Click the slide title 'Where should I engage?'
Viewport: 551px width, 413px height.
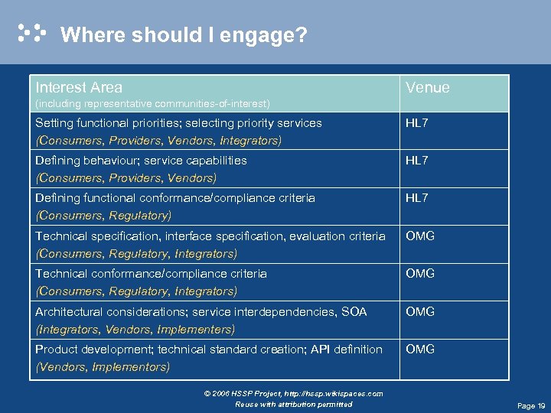pos(184,35)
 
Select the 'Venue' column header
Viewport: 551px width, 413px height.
pos(427,88)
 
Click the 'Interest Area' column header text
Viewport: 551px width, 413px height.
pos(79,87)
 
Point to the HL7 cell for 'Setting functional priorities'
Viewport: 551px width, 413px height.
pos(416,123)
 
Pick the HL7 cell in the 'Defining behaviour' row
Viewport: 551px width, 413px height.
pos(416,161)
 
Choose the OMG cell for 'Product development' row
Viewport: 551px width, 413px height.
pos(420,350)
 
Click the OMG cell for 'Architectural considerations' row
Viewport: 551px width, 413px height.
pos(420,312)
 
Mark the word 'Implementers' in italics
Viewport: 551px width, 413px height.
pos(194,330)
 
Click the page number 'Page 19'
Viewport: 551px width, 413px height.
pos(531,405)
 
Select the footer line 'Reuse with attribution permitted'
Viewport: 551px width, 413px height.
pos(294,404)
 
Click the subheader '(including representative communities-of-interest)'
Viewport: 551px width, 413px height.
pos(152,103)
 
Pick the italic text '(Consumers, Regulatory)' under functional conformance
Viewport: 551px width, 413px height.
pos(103,216)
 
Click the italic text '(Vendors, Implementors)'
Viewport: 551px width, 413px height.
pos(103,367)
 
